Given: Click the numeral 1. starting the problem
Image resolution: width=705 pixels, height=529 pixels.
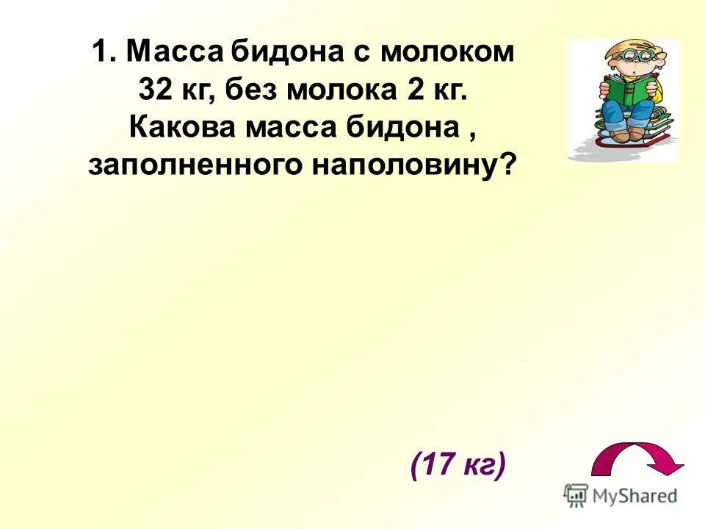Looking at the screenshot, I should click(105, 53).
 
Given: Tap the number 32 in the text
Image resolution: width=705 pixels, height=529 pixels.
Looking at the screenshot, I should click(154, 90).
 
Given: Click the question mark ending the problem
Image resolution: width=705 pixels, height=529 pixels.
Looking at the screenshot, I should click(507, 166).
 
